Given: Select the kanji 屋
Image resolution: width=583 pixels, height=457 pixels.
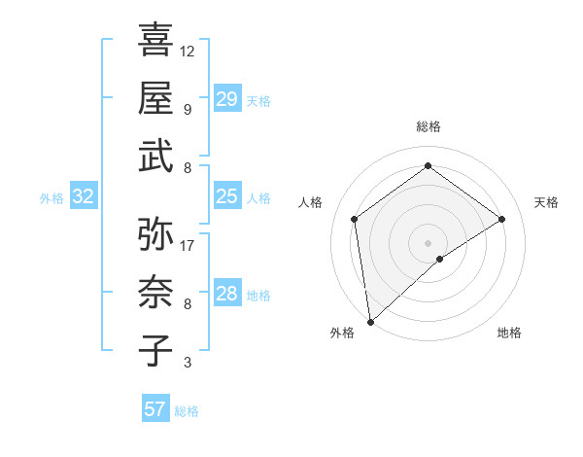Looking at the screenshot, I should coord(155,97).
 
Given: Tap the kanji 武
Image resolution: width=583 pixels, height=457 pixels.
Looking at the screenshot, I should coord(155,156).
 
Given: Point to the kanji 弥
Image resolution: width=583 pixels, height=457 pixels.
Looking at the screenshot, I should coord(155,234).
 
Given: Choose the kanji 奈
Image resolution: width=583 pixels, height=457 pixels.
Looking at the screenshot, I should coord(155,292).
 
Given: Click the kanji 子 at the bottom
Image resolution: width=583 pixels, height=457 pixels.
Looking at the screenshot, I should coord(155,350).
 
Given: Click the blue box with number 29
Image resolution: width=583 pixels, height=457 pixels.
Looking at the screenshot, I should coord(226,98).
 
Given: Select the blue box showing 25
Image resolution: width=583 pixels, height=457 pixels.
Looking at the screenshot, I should coord(226,196).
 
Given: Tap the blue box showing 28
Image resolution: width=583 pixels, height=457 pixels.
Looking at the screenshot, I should coord(226,294).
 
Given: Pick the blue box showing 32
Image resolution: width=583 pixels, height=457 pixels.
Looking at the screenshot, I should coord(84,196).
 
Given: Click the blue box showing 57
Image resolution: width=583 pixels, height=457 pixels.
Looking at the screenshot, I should coord(155,408).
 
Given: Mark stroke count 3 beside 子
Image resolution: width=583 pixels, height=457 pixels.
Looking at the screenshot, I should coord(187,363).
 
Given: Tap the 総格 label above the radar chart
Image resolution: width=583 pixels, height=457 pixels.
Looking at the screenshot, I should coord(428,126).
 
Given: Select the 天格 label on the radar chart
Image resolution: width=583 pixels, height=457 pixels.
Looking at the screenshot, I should coord(547,202).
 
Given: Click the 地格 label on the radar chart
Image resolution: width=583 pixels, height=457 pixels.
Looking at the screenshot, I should coord(509,333).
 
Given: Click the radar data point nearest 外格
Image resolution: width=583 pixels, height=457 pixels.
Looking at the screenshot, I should coord(370,322).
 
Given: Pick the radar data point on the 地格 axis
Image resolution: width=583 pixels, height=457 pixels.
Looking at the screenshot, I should coord(440,259).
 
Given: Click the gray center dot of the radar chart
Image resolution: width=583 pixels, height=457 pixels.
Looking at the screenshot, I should coord(428,241).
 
